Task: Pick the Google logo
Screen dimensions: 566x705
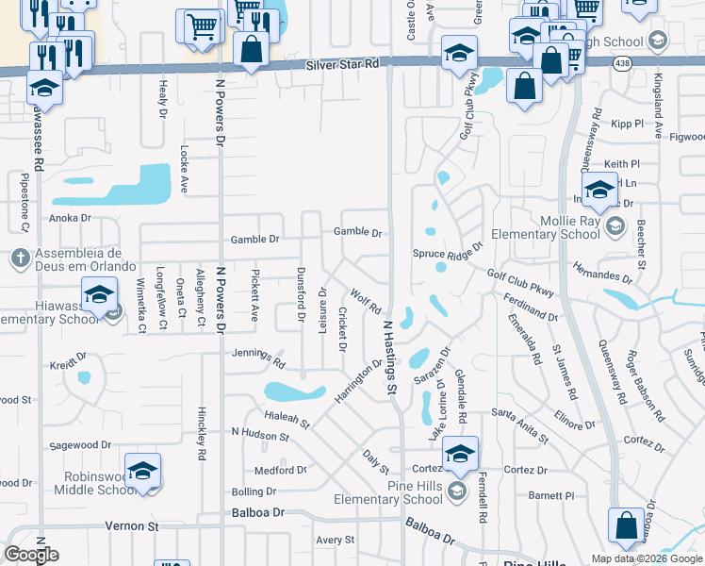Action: [x=31, y=555]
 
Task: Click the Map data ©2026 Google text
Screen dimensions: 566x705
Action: [x=646, y=558]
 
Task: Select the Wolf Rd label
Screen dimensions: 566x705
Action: [x=366, y=303]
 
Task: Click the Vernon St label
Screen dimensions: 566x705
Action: [x=131, y=525]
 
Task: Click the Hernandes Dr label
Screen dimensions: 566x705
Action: [x=601, y=275]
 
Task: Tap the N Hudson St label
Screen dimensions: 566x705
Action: [x=260, y=434]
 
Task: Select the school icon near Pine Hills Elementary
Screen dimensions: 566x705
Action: [x=459, y=455]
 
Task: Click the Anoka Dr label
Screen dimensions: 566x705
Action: [x=70, y=218]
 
